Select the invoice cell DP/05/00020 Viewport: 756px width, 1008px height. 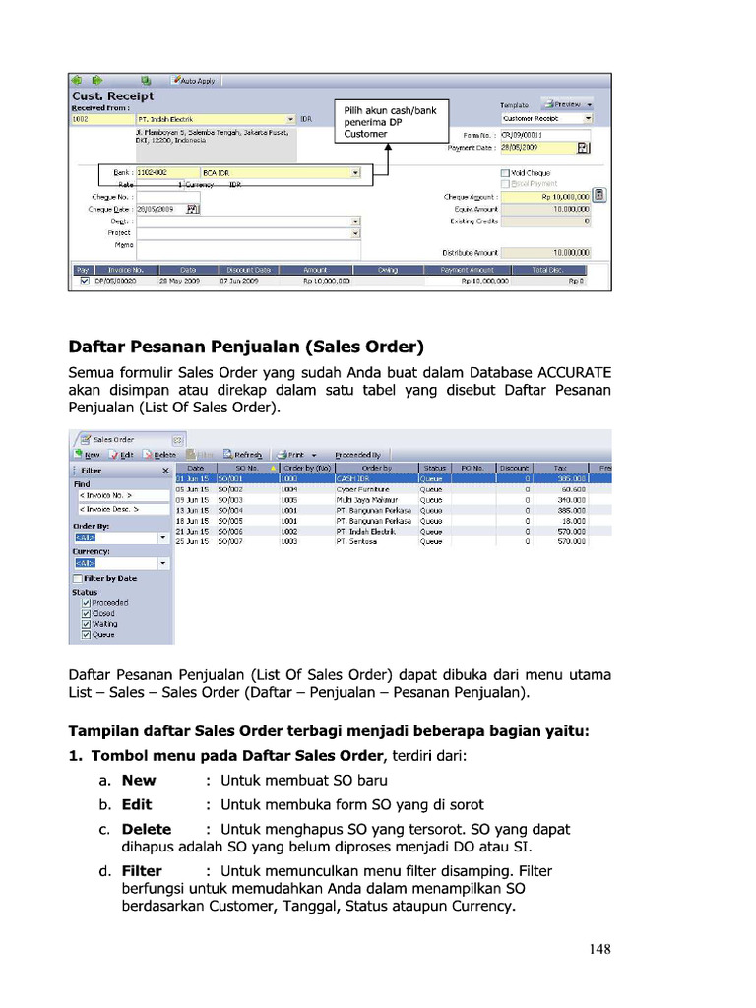click(114, 281)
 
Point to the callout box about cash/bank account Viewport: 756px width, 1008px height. click(389, 122)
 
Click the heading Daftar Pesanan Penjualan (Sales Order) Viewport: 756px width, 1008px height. click(245, 346)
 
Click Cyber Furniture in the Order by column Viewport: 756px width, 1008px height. click(362, 488)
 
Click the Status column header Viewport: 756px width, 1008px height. click(434, 468)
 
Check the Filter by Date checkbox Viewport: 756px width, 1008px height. click(78, 578)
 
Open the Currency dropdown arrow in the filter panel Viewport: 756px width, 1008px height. click(163, 564)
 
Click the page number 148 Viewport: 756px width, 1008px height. click(600, 949)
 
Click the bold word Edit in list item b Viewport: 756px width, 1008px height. click(137, 804)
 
